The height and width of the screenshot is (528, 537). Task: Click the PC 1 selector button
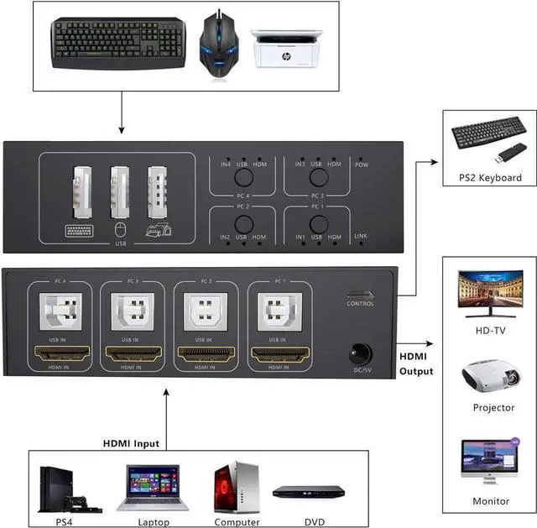[318, 224]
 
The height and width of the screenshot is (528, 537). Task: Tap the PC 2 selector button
[243, 224]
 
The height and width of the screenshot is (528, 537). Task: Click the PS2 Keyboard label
[490, 177]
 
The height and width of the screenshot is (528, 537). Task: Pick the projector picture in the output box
[490, 378]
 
